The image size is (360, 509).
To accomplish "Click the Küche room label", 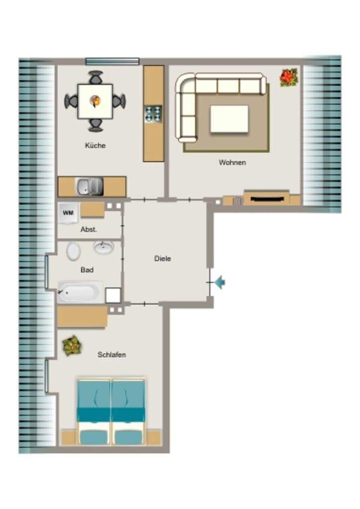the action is tap(95, 145).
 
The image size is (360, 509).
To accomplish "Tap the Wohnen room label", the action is tap(232, 162).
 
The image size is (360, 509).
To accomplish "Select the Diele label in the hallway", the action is tap(163, 258).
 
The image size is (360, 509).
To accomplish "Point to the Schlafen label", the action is tap(112, 354).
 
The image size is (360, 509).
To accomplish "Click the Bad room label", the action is tap(87, 269).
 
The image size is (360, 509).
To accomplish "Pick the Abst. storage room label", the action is tap(89, 229).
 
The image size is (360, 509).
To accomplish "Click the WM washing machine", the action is tap(68, 213).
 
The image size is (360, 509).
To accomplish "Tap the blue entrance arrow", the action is tap(220, 282).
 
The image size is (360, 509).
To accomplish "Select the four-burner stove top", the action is tap(153, 113).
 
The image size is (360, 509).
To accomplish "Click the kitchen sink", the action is tap(90, 187).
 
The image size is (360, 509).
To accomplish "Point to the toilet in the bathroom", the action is tap(74, 251).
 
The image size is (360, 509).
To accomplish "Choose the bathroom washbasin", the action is tap(103, 248).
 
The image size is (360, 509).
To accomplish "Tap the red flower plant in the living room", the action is tap(288, 77).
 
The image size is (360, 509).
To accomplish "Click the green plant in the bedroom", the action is tap(72, 346).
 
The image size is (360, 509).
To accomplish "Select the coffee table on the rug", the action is tap(229, 119).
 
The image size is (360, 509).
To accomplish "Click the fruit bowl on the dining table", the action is tap(95, 101).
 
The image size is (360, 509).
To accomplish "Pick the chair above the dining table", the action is tap(96, 78).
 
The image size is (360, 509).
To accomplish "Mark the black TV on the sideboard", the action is tap(266, 198).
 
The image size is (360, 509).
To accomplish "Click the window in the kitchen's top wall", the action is tap(112, 61).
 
